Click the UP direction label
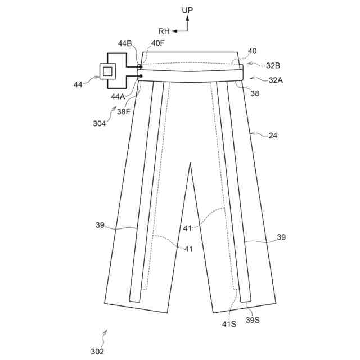187,10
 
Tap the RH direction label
164,31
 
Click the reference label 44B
125,43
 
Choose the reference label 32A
276,80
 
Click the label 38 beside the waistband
255,94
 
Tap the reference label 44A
119,96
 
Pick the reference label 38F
124,111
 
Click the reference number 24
274,136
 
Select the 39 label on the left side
100,226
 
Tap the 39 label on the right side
281,237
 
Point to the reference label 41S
229,324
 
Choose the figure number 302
97,351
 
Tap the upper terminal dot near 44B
140,66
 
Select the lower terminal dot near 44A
140,75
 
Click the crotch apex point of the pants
190,163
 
